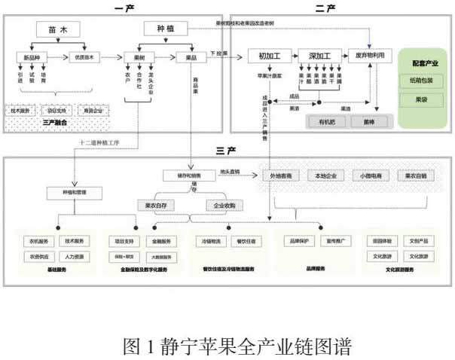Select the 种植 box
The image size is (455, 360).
165,29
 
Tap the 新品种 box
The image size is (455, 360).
32,56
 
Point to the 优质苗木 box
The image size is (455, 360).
83,56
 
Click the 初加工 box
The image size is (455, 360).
269,56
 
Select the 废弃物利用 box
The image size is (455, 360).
370,56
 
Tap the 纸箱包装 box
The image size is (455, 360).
425,81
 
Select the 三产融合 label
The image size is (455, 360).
56,121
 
